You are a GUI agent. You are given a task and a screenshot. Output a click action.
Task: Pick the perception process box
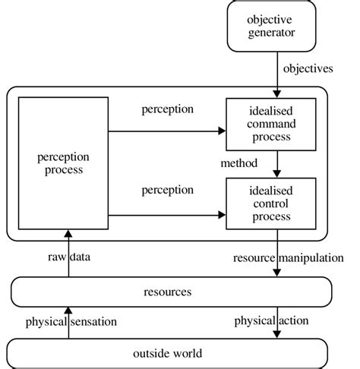pyautogui.click(x=64, y=163)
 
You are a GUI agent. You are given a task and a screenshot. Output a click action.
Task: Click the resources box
pyautogui.click(x=171, y=292)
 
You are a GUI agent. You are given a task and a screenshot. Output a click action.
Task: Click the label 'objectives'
pyautogui.click(x=308, y=69)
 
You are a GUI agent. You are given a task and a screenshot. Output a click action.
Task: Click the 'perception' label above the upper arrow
pyautogui.click(x=168, y=109)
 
